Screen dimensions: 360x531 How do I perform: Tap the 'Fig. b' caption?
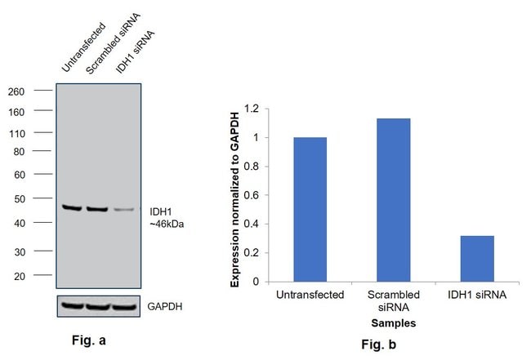pos(380,345)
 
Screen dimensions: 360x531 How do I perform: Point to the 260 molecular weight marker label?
pos(16,91)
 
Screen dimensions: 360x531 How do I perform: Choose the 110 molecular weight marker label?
pos(16,133)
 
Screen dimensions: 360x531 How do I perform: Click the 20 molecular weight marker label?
pos(19,276)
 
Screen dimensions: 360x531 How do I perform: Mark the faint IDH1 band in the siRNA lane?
pos(123,210)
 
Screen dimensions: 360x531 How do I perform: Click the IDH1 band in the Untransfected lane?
pos(72,208)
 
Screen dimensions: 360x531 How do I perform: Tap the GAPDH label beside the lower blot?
pos(165,308)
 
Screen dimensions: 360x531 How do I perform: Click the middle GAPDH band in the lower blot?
pos(97,307)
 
